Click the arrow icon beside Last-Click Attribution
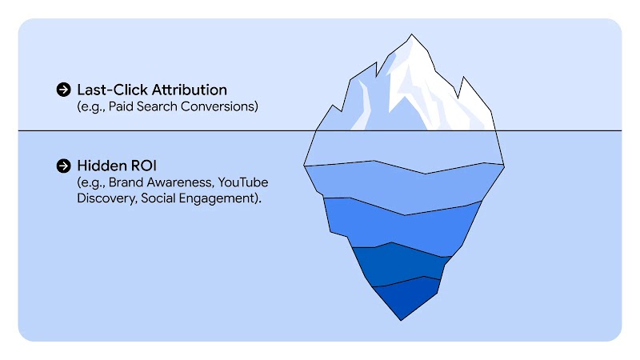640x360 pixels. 64,90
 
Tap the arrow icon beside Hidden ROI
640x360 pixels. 64,166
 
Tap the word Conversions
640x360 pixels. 222,106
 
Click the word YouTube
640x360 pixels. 242,183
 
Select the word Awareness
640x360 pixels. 179,183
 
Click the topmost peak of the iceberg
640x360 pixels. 412,36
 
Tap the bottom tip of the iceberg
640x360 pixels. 402,318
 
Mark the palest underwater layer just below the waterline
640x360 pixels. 404,150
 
